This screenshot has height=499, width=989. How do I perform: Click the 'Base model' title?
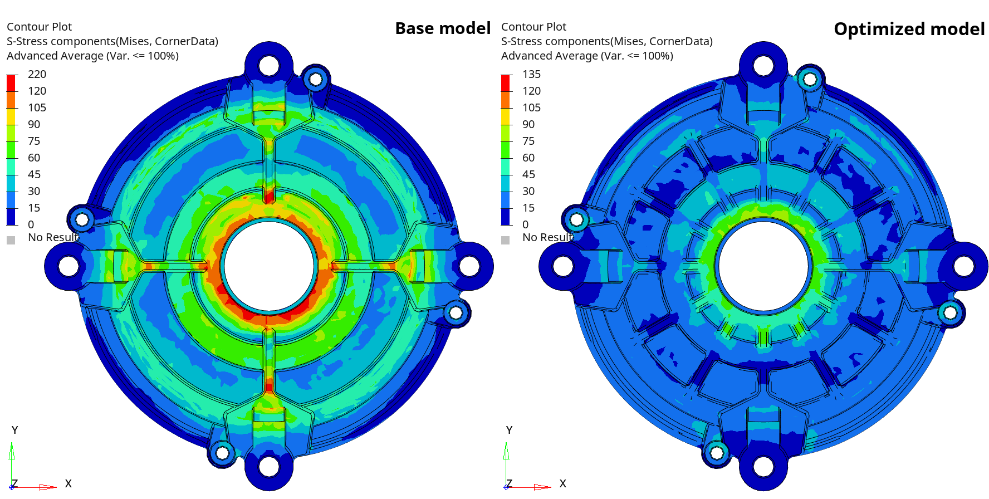443,28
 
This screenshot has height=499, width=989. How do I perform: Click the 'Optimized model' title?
909,29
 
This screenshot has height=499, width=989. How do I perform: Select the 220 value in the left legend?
37,74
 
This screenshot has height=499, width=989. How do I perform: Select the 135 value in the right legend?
531,74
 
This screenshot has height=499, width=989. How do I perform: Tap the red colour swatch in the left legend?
11,83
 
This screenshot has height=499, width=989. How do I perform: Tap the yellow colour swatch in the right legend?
506,116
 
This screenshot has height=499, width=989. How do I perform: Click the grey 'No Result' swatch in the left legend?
11,240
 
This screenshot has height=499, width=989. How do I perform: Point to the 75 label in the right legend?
528,141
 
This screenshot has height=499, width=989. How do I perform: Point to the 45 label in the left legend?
34,174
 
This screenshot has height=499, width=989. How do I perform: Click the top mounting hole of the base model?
269,66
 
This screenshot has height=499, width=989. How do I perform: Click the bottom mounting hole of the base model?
269,466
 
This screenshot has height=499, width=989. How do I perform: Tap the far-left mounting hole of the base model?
68,266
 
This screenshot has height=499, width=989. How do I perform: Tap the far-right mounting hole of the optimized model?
963,266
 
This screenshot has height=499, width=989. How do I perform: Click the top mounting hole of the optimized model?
763,66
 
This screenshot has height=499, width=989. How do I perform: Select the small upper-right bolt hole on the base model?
316,80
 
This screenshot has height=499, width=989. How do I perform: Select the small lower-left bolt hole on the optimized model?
717,452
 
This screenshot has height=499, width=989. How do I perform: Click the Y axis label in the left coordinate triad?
14,430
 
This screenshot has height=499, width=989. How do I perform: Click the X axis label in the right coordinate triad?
562,483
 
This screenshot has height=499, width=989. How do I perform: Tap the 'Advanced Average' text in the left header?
55,56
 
